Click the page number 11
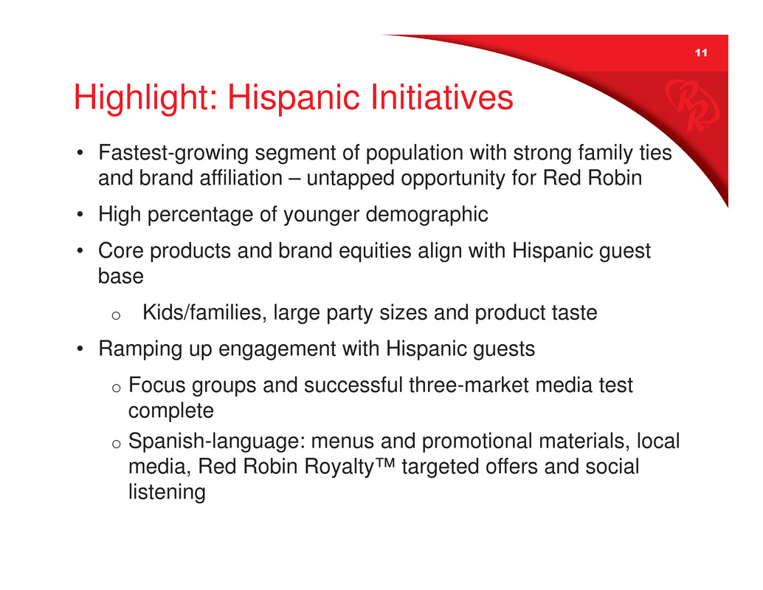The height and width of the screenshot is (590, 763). click(701, 52)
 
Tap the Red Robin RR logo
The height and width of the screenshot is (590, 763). click(691, 106)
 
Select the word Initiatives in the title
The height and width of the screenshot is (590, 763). click(442, 97)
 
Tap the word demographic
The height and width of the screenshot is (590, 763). click(427, 215)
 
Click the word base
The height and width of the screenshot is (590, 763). click(121, 276)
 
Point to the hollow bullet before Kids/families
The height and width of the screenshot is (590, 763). click(116, 315)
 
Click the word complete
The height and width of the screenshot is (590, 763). click(171, 411)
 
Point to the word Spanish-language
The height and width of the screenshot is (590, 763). click(217, 442)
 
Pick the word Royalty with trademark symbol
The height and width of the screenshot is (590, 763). click(349, 467)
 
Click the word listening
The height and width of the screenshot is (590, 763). click(167, 492)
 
